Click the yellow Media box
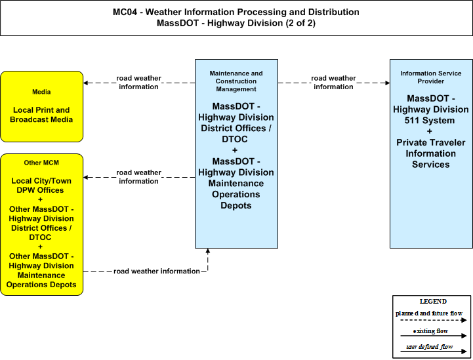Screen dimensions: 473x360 41,106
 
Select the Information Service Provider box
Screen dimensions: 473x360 431,153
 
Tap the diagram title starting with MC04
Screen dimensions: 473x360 236,18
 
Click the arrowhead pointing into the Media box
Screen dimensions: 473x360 86,83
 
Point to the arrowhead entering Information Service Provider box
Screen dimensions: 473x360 387,83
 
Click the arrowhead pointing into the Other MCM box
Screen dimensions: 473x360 86,177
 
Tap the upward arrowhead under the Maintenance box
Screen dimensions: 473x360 207,251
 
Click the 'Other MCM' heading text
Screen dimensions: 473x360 41,163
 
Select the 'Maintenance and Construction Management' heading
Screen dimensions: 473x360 236,81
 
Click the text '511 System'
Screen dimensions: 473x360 429,120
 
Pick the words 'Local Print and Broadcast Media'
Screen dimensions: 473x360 41,115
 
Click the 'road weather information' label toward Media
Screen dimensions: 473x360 139,83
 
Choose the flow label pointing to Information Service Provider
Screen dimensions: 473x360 333,83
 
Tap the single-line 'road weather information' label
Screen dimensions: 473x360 157,271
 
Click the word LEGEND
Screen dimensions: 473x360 433,301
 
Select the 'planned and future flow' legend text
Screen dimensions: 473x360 428,313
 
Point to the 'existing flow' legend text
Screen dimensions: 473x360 430,330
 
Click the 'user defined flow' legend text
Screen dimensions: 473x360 429,347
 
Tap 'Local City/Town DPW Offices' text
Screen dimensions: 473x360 41,186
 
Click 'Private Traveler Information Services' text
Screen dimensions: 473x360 431,153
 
